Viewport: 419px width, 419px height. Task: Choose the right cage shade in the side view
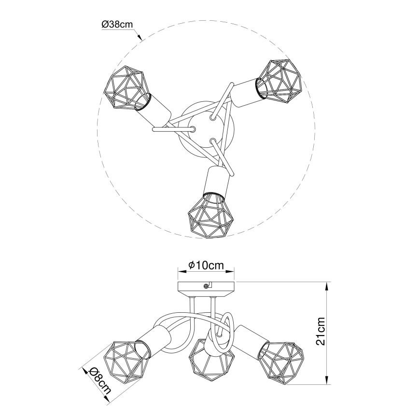coord(282,361)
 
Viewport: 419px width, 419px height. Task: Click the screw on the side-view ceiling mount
coord(208,286)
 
